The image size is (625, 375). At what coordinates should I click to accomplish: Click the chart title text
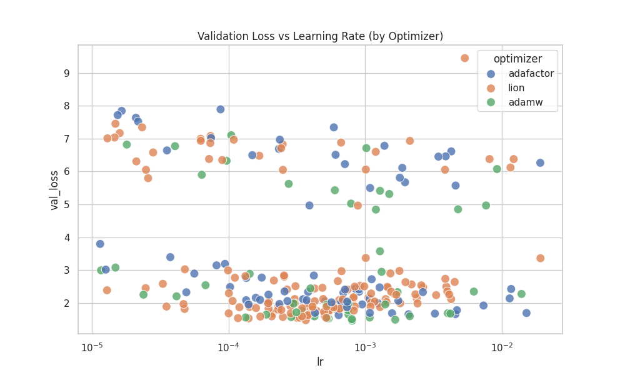coord(320,36)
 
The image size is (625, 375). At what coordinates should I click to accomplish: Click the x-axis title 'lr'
coord(320,362)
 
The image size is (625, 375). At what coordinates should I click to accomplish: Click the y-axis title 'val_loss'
coord(54,189)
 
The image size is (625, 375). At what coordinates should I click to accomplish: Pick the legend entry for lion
coord(516,88)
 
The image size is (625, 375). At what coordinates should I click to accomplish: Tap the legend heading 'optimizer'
coord(517,59)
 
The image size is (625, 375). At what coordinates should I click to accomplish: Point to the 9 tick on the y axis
coord(66,73)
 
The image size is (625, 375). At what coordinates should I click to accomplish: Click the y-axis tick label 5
coord(66,204)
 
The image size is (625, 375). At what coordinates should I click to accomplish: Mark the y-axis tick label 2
coord(66,303)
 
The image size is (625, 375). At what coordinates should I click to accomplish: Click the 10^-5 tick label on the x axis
coord(92,347)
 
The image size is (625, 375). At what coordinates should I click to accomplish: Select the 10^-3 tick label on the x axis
coord(365,347)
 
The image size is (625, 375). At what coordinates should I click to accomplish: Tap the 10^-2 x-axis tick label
coord(501,347)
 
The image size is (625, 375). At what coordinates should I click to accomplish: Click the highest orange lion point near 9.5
coord(464,58)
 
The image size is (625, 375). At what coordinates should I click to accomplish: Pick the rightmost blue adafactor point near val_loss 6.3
coord(540,163)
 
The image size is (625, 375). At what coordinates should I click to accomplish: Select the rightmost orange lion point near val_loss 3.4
coord(540,258)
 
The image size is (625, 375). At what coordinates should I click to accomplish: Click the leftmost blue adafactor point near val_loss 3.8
coord(100,244)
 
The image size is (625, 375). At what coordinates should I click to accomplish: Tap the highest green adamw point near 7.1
coord(231,135)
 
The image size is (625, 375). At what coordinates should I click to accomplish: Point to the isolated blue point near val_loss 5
coord(309,205)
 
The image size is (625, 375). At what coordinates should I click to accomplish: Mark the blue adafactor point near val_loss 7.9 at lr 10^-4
coord(221,109)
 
